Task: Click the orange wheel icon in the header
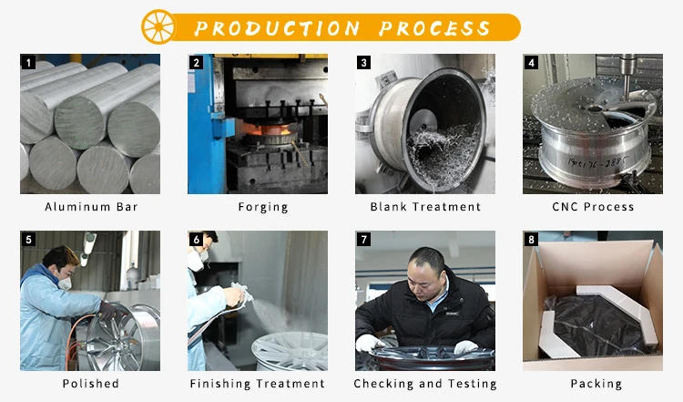(x=158, y=26)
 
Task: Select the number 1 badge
(x=28, y=63)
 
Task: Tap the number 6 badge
(x=196, y=240)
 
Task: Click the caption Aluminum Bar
(x=90, y=207)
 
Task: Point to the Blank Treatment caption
(x=425, y=207)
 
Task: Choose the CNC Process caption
(x=593, y=207)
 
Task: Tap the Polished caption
(x=90, y=384)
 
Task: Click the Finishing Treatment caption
(x=258, y=384)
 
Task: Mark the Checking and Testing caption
(x=425, y=384)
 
